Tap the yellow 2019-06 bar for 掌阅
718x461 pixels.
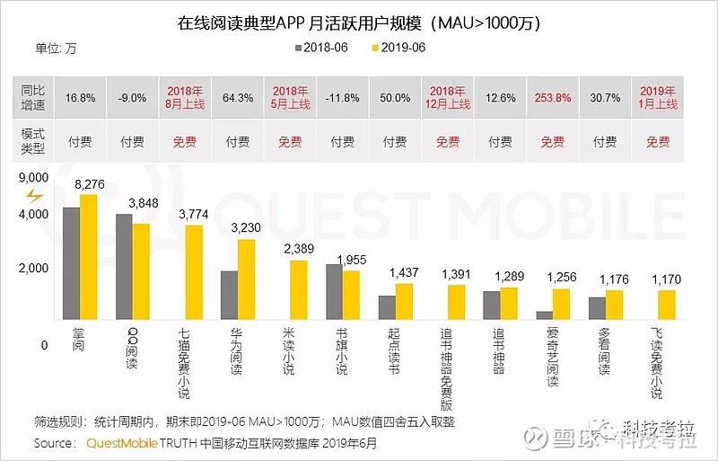[x=88, y=256]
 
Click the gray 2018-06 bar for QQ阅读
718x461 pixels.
[x=124, y=266]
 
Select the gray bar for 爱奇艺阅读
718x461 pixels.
[x=544, y=315]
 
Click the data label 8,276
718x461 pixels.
[x=89, y=184]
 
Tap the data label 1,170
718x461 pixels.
[x=667, y=279]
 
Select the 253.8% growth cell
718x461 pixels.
[x=552, y=98]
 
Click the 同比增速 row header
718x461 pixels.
[x=34, y=97]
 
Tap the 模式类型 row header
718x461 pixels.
[x=34, y=141]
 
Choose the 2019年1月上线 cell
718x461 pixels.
[x=658, y=97]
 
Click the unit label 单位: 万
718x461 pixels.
[x=56, y=48]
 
